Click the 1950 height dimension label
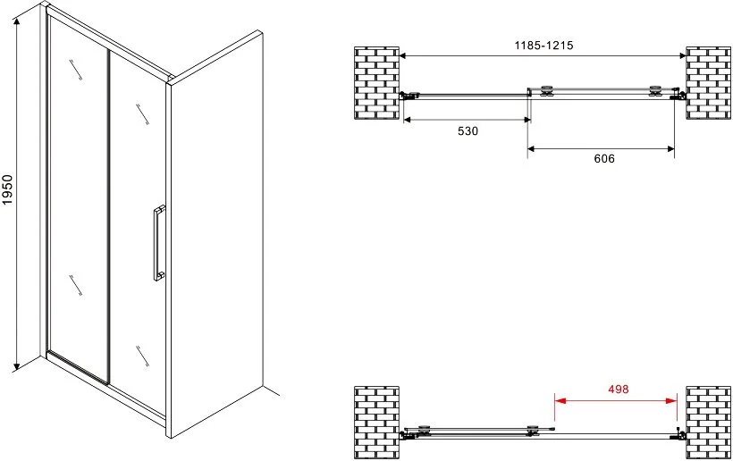point(7,189)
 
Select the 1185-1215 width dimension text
point(543,46)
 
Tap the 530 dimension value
point(468,131)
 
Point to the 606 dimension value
point(604,159)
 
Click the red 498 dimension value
point(618,389)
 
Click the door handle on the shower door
point(159,243)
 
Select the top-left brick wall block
point(376,83)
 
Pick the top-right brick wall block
point(708,83)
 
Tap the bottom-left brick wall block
point(376,423)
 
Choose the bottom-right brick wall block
point(708,423)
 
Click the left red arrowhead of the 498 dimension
point(560,401)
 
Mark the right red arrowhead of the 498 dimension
point(671,401)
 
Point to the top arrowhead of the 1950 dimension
point(17,23)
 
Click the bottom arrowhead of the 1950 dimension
point(17,365)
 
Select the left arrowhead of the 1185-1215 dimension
point(402,56)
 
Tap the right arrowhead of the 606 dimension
point(670,149)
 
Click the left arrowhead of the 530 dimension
point(407,120)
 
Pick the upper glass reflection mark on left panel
point(76,70)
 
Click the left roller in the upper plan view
point(546,91)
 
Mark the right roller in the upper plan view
point(655,91)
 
